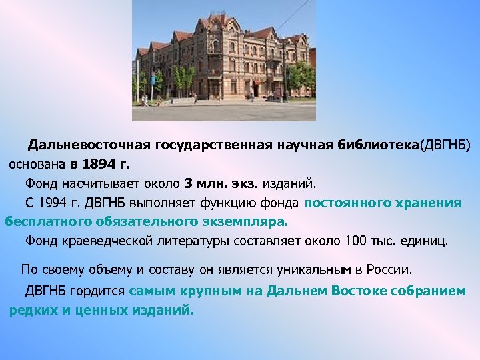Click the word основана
35,163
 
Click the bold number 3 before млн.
188,183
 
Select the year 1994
55,202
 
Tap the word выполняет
171,202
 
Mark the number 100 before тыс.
357,240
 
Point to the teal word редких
33,310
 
